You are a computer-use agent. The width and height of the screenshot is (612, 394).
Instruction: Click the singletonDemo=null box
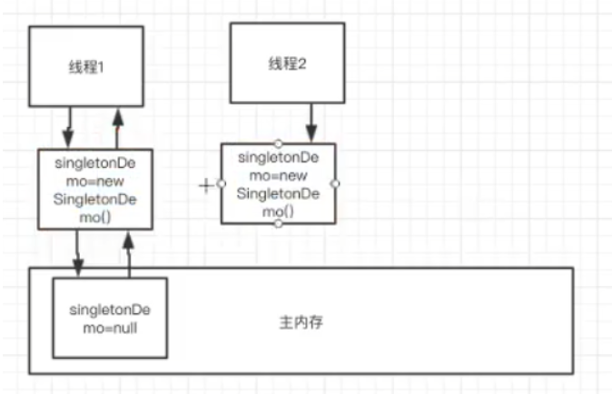pos(109,318)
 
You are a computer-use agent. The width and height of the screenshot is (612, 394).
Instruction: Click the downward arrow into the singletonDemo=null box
pos(77,254)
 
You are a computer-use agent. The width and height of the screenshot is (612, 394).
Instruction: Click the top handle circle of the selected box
pos(278,143)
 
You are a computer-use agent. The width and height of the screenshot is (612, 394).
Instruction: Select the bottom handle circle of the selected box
pos(278,223)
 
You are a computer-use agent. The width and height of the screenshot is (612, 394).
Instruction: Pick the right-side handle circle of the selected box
pos(335,183)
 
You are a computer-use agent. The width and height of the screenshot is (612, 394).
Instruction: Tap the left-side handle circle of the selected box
pos(222,183)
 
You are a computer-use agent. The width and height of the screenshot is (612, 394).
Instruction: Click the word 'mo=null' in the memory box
pos(108,328)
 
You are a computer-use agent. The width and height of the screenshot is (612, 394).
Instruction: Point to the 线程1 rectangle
pos(85,45)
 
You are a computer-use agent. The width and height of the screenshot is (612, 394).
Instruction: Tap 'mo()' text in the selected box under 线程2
pos(278,211)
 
